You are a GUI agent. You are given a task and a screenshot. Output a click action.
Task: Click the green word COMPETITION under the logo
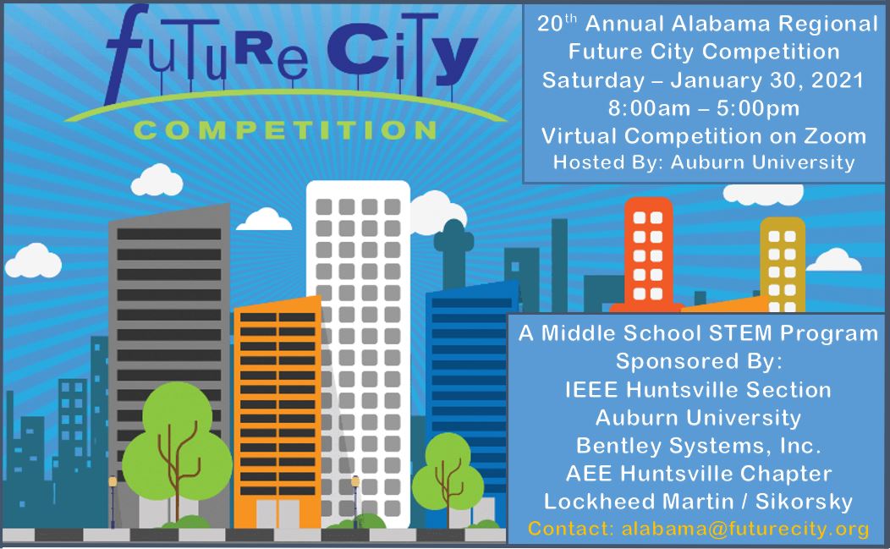(285, 130)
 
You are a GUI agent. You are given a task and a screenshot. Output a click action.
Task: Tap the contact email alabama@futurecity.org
(745, 529)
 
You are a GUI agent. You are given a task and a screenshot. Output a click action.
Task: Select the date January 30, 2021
(766, 80)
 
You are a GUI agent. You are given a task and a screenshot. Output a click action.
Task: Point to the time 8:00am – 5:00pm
(704, 108)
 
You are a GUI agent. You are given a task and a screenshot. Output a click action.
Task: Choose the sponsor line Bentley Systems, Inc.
(699, 446)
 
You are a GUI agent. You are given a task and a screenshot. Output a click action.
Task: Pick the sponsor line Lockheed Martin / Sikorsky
(698, 502)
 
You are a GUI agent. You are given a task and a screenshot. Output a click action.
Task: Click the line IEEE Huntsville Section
(698, 390)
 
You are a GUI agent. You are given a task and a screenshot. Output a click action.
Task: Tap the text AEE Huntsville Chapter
(699, 474)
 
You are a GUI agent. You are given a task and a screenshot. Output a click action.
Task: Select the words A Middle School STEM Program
(698, 333)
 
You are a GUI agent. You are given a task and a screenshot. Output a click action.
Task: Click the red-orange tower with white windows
(648, 254)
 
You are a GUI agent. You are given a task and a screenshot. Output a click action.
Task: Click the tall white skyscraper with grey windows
(358, 352)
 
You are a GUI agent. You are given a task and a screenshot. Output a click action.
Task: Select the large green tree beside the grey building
(177, 448)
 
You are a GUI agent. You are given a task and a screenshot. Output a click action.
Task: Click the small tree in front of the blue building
(448, 477)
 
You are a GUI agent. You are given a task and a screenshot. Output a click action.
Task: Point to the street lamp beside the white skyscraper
(355, 501)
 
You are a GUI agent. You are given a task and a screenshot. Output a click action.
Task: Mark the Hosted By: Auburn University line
(704, 162)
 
